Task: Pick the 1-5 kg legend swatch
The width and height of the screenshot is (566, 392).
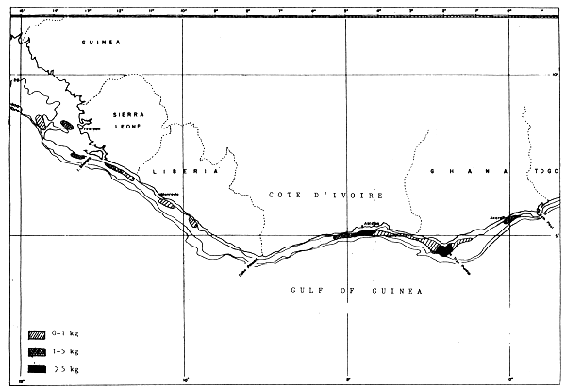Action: [37, 350]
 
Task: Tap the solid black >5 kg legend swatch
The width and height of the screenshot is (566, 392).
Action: [37, 367]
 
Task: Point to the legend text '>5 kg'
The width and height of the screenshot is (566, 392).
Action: [70, 367]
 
